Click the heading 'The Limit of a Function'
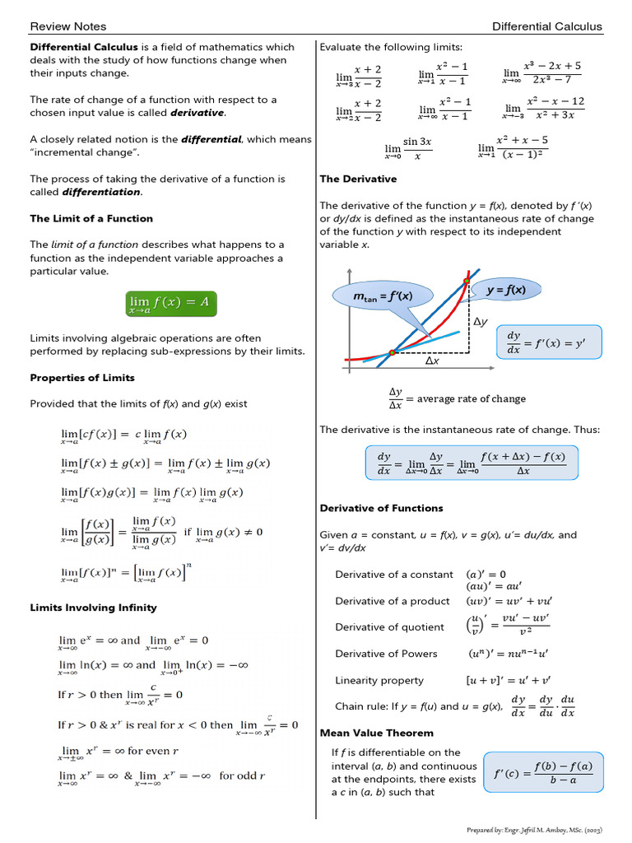pos(91,218)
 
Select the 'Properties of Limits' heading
pos(82,378)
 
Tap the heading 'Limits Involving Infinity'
pos(93,608)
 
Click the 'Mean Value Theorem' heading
pos(376,733)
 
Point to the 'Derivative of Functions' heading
pos(381,508)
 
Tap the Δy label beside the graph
pos(481,323)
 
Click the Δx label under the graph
pos(431,361)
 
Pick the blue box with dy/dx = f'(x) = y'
pos(550,342)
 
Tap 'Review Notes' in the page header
pos(68,26)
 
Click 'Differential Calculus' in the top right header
pos(546,26)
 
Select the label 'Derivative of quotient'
pos(389,627)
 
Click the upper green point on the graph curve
pos(467,282)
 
